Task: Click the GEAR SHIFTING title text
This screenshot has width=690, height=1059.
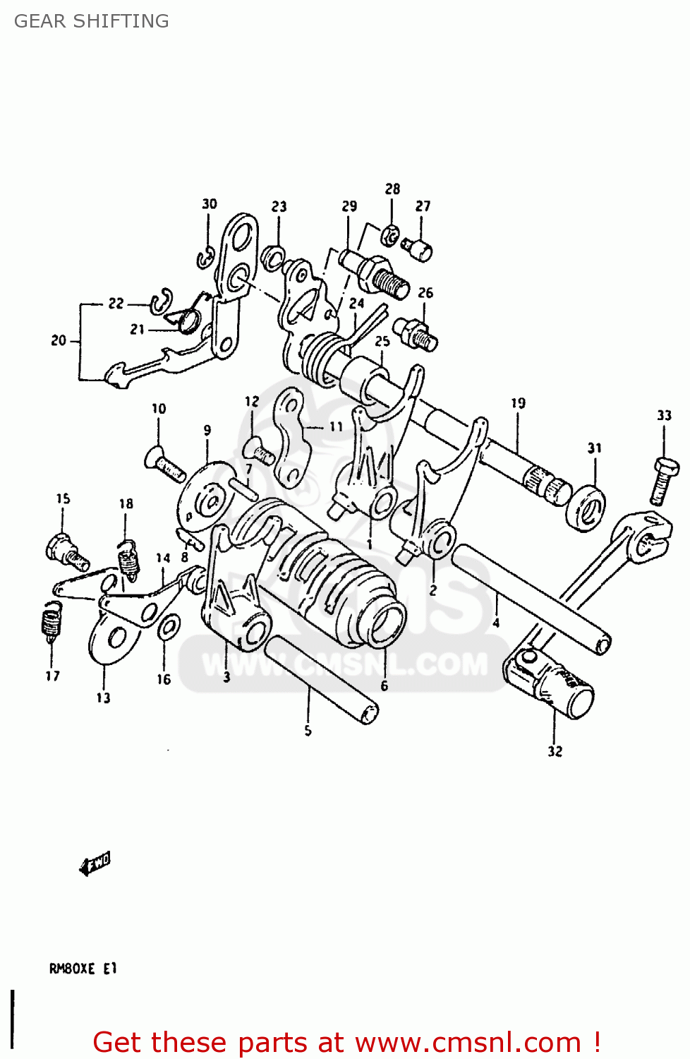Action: [92, 21]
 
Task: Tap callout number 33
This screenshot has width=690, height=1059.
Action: [664, 415]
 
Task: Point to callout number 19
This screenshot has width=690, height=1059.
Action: [519, 403]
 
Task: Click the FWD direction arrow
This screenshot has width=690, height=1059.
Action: [95, 863]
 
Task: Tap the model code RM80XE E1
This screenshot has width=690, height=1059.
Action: [83, 969]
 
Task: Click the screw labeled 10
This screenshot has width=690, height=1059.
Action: [165, 463]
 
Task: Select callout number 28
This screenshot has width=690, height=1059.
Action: [392, 189]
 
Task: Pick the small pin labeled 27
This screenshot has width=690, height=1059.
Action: [418, 249]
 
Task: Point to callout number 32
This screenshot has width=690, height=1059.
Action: [555, 751]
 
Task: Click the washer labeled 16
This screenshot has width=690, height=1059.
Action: [168, 627]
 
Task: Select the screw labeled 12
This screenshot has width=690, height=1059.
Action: [260, 451]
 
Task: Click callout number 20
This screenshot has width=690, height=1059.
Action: [59, 340]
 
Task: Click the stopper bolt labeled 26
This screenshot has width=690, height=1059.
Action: [417, 333]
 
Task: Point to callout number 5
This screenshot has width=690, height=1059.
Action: [308, 731]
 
